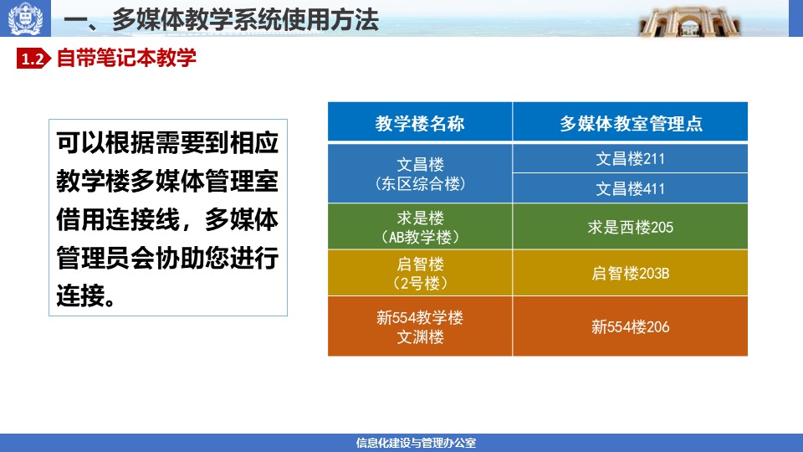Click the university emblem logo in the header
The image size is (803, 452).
[x=25, y=18]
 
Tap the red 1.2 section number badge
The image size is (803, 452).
[x=33, y=59]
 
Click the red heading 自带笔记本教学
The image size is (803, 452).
[x=126, y=58]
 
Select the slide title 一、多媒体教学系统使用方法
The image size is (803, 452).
[x=221, y=20]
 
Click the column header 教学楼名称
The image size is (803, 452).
[x=420, y=124]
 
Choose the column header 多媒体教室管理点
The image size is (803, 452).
[x=631, y=124]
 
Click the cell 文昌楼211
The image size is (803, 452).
[x=630, y=159]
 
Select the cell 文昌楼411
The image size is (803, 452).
[x=630, y=188]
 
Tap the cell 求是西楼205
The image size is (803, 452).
[x=630, y=227]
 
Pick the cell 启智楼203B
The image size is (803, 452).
[x=630, y=273]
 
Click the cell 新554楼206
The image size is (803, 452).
[x=630, y=326]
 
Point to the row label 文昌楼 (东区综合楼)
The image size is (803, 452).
[x=420, y=174]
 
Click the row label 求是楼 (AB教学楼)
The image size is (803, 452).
[x=420, y=227]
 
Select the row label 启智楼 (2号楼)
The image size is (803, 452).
[x=420, y=273]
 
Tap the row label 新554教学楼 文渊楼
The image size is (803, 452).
[x=420, y=327]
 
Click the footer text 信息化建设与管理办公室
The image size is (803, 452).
[x=416, y=443]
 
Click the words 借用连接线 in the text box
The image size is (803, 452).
[x=118, y=220]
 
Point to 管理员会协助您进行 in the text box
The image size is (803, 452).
[x=167, y=258]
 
